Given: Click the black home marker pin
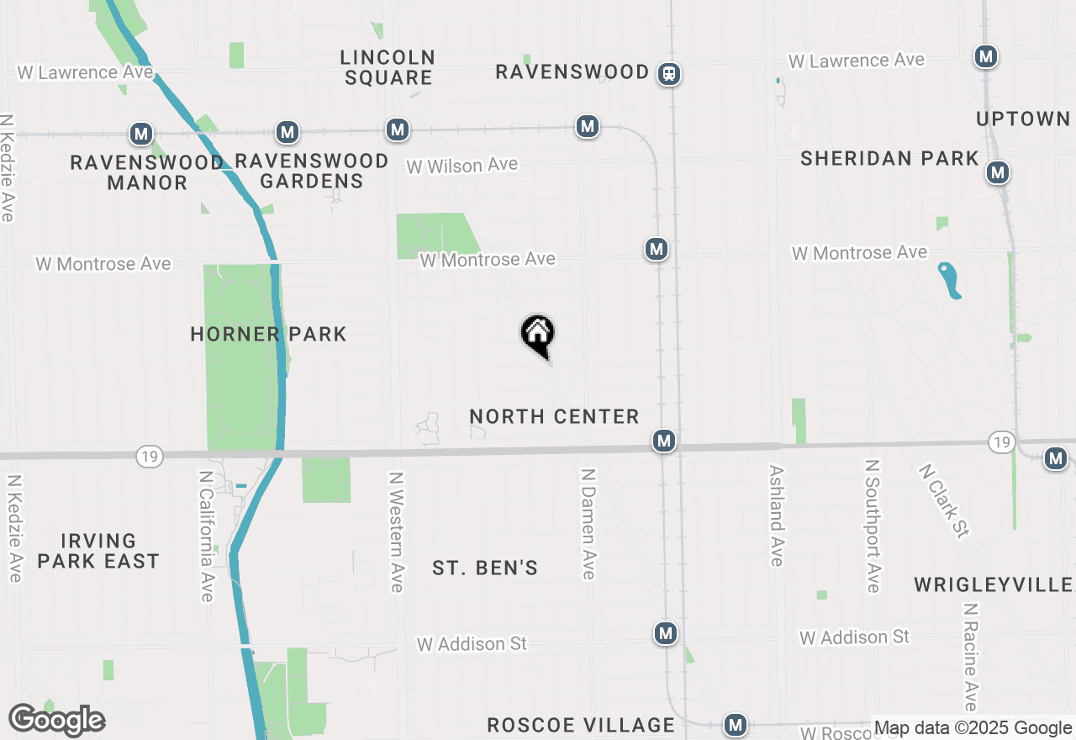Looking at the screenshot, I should (538, 335).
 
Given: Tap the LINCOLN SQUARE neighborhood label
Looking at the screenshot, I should (388, 68).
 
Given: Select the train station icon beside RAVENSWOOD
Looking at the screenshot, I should (669, 74).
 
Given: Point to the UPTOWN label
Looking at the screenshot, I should (1023, 119).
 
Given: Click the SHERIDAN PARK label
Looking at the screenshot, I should (889, 159).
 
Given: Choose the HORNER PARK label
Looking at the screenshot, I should (268, 334).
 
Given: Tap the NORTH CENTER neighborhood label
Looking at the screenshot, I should (554, 416).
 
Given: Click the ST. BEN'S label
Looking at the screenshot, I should (485, 568).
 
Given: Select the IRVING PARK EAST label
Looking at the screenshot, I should (98, 551).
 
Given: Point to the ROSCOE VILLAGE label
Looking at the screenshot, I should (581, 725).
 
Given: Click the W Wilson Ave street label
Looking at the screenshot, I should (462, 166).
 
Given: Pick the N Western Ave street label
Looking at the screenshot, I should (396, 531).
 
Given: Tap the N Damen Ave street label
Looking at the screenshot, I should (588, 523).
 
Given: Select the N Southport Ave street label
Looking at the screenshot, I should (873, 526).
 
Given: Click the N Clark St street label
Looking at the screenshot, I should (945, 500).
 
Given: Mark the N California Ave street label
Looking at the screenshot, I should (206, 536).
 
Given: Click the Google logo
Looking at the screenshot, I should (56, 721).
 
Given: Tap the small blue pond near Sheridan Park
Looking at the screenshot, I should (949, 280).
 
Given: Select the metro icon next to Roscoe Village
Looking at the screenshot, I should (736, 724).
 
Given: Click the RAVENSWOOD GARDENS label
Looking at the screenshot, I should (311, 171).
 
